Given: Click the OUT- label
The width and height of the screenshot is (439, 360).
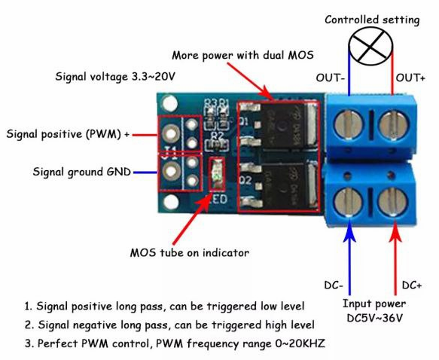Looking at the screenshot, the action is click(x=330, y=78).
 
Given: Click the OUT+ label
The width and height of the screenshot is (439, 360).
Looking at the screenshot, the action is click(x=410, y=78).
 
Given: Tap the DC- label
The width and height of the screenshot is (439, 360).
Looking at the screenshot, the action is click(x=334, y=285).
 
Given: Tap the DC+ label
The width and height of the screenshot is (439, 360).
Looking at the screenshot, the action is click(x=412, y=285).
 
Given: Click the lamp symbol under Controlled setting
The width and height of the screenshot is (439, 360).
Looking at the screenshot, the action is click(x=370, y=47).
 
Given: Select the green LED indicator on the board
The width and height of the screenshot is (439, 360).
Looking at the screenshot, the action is click(x=218, y=174).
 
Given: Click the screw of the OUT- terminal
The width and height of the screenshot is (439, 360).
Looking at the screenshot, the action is click(x=349, y=124).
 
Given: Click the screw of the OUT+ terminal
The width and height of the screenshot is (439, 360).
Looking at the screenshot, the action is click(x=393, y=125).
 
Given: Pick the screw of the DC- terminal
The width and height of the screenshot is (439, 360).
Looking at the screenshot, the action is click(x=349, y=202).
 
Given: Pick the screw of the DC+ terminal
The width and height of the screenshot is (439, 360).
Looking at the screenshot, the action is click(x=392, y=202).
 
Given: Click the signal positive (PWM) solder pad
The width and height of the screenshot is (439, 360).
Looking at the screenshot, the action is click(x=170, y=133).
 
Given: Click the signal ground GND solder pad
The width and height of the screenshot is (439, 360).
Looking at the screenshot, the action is click(x=171, y=171).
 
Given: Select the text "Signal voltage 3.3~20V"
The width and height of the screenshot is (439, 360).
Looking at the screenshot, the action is click(x=115, y=76).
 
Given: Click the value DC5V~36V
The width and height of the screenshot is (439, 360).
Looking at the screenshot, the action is click(x=374, y=318).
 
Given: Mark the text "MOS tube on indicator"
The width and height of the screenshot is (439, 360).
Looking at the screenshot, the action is click(x=190, y=253).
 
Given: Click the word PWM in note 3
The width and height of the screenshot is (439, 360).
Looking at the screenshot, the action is click(x=94, y=343).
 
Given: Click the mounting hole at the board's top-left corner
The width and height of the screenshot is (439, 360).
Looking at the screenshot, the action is click(x=169, y=103).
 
